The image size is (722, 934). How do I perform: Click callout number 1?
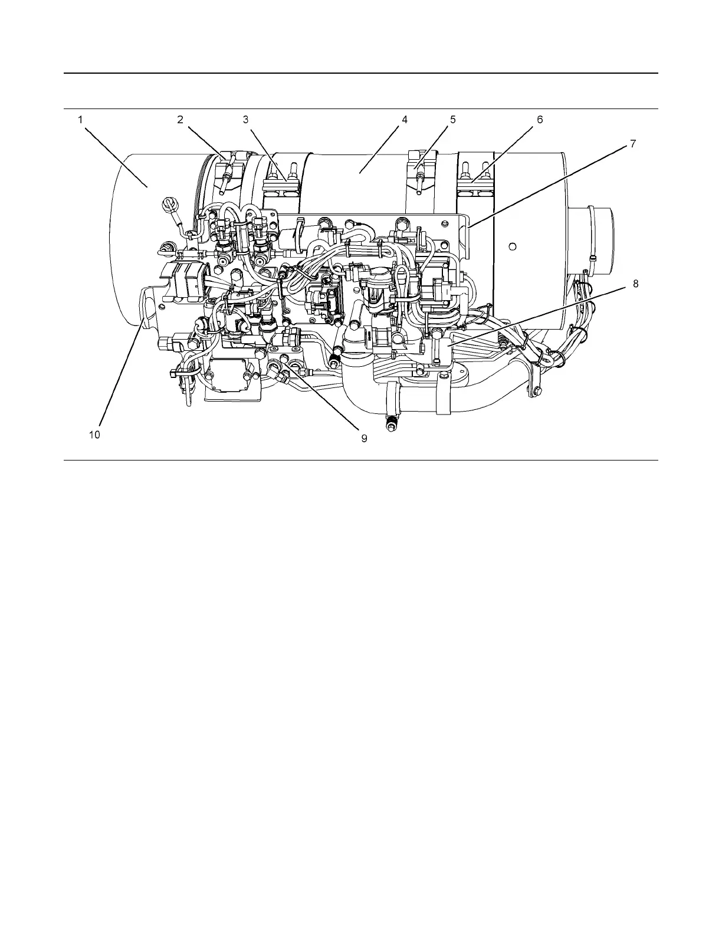(x=80, y=120)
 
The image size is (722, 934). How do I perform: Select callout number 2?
(x=180, y=120)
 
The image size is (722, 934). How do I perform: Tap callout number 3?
(x=245, y=120)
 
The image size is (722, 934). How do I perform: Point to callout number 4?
(x=404, y=120)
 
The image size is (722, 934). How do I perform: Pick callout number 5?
(x=453, y=120)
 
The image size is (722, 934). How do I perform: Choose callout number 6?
(x=540, y=120)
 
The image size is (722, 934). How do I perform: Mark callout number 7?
(x=633, y=143)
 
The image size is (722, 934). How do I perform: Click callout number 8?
(x=635, y=284)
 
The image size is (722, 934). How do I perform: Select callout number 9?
(x=364, y=438)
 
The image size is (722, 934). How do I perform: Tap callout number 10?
(x=94, y=435)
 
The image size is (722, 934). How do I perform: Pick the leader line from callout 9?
(x=321, y=396)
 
